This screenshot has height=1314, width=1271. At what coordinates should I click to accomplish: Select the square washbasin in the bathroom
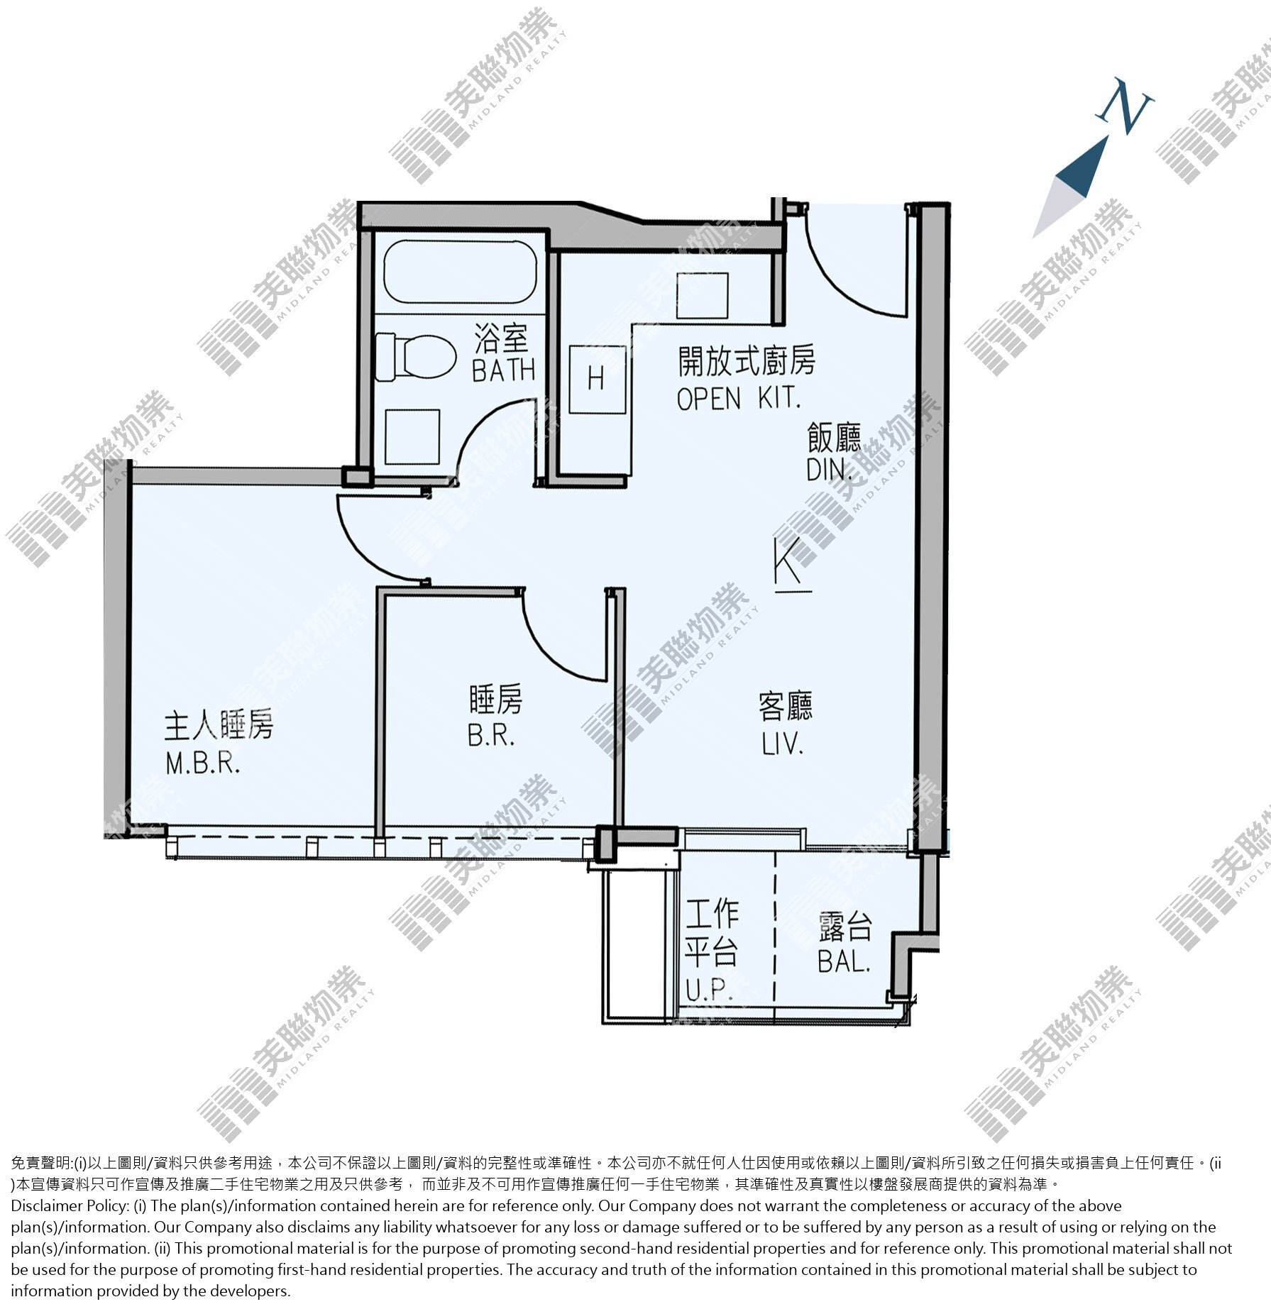(x=412, y=436)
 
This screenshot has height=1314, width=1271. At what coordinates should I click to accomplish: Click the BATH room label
(x=503, y=370)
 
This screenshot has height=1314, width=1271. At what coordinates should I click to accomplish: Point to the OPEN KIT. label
(x=739, y=398)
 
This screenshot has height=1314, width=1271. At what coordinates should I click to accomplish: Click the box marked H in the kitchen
(x=597, y=380)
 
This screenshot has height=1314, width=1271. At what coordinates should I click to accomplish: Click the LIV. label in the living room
(x=783, y=744)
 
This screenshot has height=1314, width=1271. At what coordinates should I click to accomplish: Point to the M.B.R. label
(x=203, y=763)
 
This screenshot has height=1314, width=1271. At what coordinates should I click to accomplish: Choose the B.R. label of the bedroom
(x=491, y=736)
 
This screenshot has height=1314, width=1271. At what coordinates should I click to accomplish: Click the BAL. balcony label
(x=844, y=961)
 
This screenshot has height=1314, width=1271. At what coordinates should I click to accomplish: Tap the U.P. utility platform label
(x=709, y=990)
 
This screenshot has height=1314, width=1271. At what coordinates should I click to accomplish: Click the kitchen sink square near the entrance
(x=702, y=295)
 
